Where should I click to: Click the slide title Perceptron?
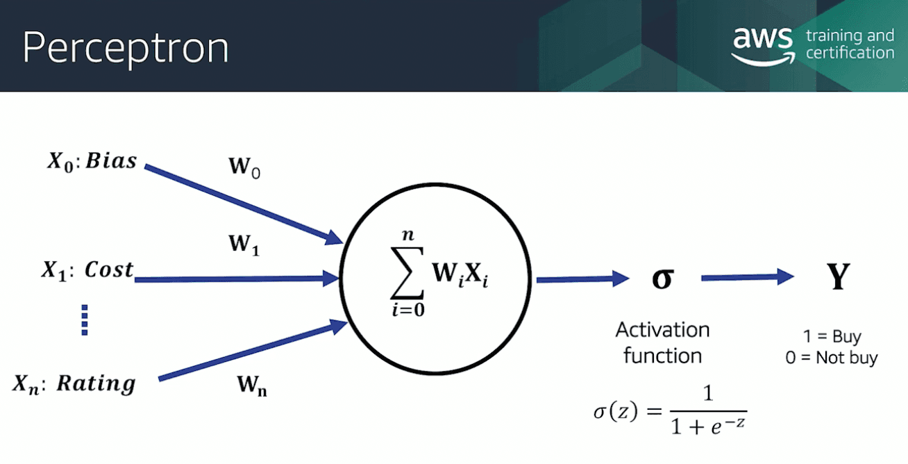(x=125, y=47)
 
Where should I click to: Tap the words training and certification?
(x=850, y=44)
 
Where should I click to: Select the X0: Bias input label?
(x=92, y=161)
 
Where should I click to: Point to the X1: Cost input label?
(x=87, y=270)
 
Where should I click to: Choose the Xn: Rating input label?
(x=74, y=383)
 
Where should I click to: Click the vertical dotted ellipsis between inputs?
(x=85, y=320)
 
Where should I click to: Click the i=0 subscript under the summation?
(x=407, y=310)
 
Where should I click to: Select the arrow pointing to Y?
(x=747, y=277)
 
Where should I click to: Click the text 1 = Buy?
(x=832, y=337)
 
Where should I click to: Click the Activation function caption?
(x=662, y=342)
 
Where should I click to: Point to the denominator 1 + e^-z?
(x=708, y=426)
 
